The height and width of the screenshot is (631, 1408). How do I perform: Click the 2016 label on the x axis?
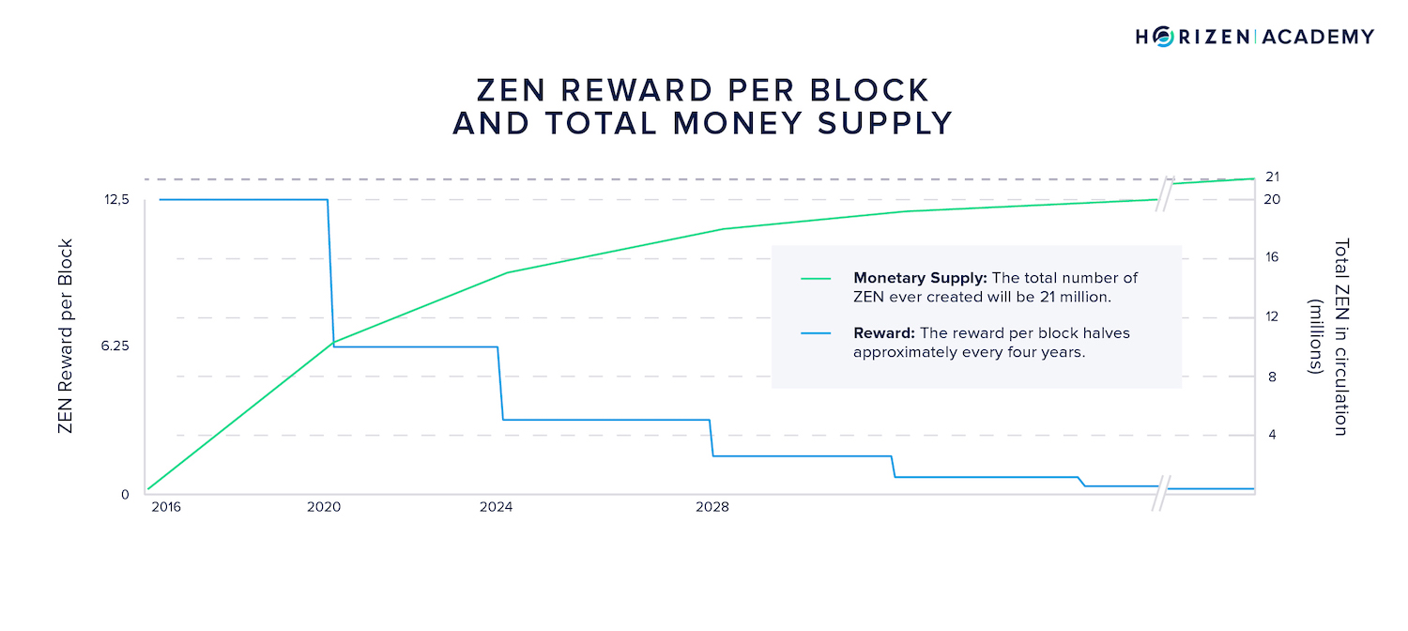tap(166, 508)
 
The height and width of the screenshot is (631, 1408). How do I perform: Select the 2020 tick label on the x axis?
tap(324, 508)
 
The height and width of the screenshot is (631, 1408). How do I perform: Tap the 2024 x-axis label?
tap(497, 508)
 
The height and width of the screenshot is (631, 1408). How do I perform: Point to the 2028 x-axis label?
tap(712, 508)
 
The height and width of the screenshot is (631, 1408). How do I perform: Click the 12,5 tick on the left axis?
tap(117, 199)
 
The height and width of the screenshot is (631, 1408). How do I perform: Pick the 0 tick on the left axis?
tap(125, 494)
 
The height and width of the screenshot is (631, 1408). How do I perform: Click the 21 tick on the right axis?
tap(1273, 177)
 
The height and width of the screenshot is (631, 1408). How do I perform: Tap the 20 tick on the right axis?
tap(1273, 199)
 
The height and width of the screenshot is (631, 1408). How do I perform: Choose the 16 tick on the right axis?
tap(1272, 258)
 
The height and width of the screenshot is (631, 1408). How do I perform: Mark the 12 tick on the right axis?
tap(1272, 317)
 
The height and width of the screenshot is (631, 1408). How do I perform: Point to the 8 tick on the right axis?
tap(1272, 377)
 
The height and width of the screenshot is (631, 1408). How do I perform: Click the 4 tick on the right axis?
tap(1272, 436)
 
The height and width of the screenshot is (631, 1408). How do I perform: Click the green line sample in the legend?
tap(817, 279)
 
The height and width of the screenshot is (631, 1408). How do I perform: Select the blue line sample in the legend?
tap(817, 333)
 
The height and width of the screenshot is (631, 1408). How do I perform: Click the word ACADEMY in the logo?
tap(1318, 37)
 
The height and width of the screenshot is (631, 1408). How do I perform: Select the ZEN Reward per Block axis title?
tap(66, 336)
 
